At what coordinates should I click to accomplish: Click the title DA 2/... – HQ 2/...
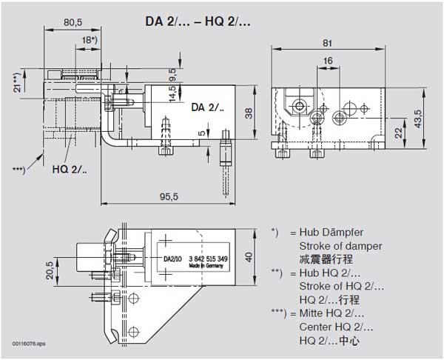coord(198,21)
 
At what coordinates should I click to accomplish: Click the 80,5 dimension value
coord(73,22)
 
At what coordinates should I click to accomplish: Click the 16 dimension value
coord(327,60)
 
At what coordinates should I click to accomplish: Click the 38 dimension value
coord(249,113)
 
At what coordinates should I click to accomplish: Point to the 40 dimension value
coord(249,257)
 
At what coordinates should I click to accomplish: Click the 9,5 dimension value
coord(172,74)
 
